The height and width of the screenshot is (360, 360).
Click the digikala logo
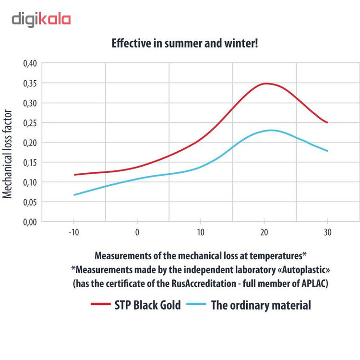coord(41,19)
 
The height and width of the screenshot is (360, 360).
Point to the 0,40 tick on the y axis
coord(29,63)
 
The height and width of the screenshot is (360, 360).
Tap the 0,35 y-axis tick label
coord(29,83)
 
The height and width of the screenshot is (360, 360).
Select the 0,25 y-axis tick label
coord(29,123)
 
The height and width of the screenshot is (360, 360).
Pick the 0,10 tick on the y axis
coord(29,182)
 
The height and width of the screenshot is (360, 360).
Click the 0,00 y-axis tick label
coord(29,222)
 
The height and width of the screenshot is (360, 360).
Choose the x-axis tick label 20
coord(264,232)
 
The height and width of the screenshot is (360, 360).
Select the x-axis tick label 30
coord(327,232)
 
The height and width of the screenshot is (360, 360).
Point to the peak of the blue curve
coord(271,130)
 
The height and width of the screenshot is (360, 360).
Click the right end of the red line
coord(327,122)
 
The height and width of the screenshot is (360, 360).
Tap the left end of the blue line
coord(74,195)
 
